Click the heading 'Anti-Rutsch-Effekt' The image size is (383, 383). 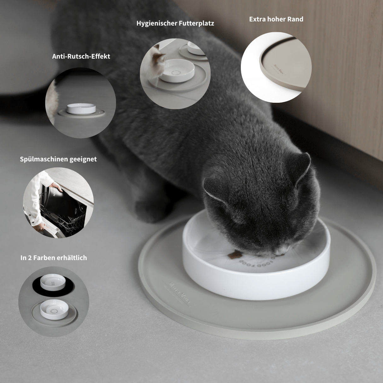click(81, 56)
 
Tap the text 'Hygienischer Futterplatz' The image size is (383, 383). click(175, 23)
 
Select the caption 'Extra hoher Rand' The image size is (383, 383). click(276, 19)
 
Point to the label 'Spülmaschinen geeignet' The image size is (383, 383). click(58, 159)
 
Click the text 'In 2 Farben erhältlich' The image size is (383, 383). click(54, 258)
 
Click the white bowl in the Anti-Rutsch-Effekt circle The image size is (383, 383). click(80, 109)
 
